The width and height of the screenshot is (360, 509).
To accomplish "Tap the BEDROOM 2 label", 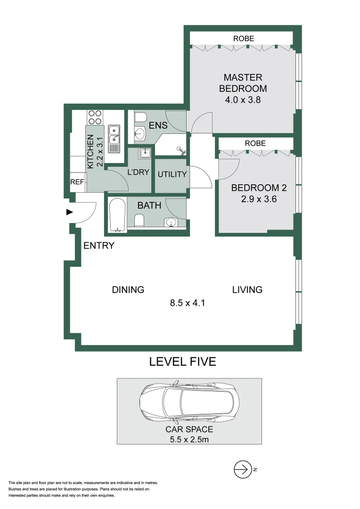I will pyautogui.click(x=259, y=188).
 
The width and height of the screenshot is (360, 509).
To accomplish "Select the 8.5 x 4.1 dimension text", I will pyautogui.click(x=187, y=303).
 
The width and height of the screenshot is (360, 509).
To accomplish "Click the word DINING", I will pyautogui.click(x=128, y=290).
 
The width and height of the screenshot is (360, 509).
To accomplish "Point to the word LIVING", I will pyautogui.click(x=247, y=290).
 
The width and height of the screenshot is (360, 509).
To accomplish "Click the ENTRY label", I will pyautogui.click(x=99, y=246).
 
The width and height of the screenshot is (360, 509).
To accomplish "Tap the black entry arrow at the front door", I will pyautogui.click(x=70, y=212).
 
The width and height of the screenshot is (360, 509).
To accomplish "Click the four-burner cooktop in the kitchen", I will pyautogui.click(x=95, y=117).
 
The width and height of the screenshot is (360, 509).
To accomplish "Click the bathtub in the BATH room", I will pyautogui.click(x=116, y=214).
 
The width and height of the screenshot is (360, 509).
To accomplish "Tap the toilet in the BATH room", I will pyautogui.click(x=139, y=221).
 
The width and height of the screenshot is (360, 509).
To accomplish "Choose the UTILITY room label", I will pyautogui.click(x=172, y=174).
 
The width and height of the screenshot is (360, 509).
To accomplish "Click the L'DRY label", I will pyautogui.click(x=138, y=172).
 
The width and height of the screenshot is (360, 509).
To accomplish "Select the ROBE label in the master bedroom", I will pyautogui.click(x=243, y=39).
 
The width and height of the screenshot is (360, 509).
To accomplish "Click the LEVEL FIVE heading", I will pyautogui.click(x=182, y=362).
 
